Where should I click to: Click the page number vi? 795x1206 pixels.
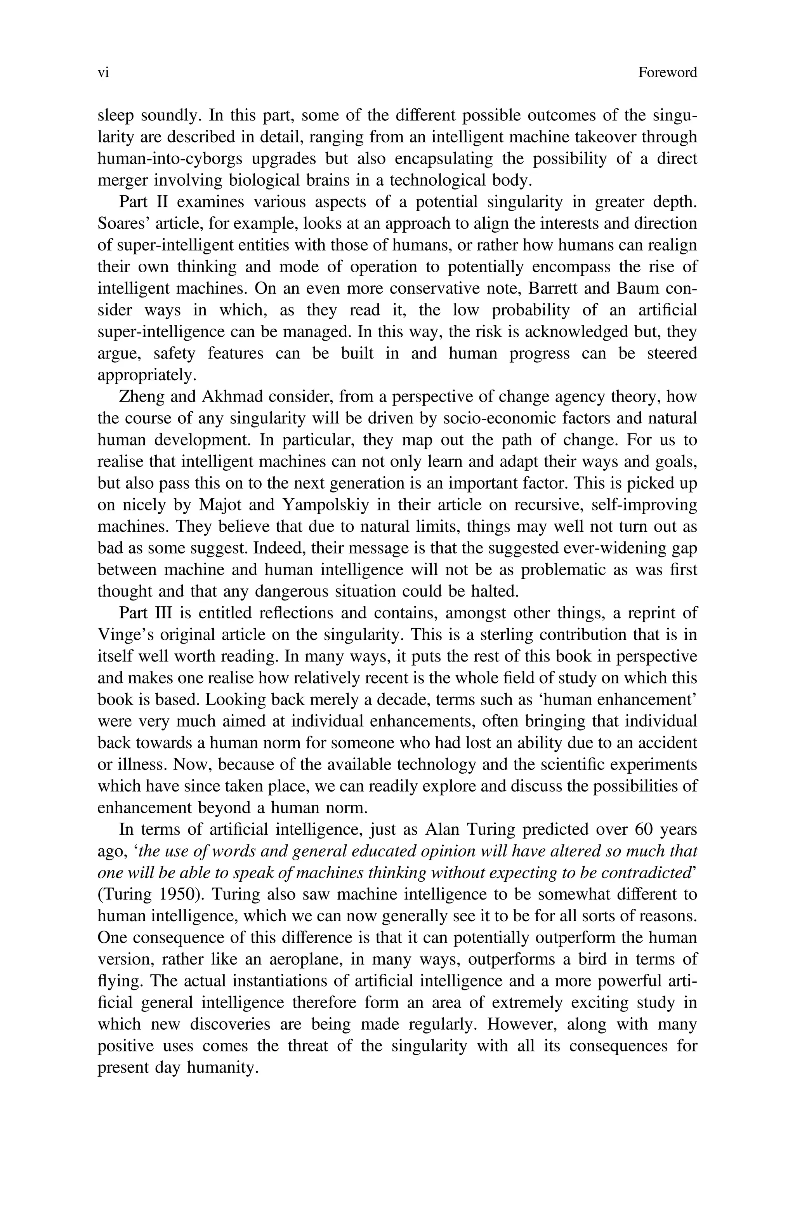click(x=103, y=73)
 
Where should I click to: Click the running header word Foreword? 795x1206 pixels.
click(x=667, y=73)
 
